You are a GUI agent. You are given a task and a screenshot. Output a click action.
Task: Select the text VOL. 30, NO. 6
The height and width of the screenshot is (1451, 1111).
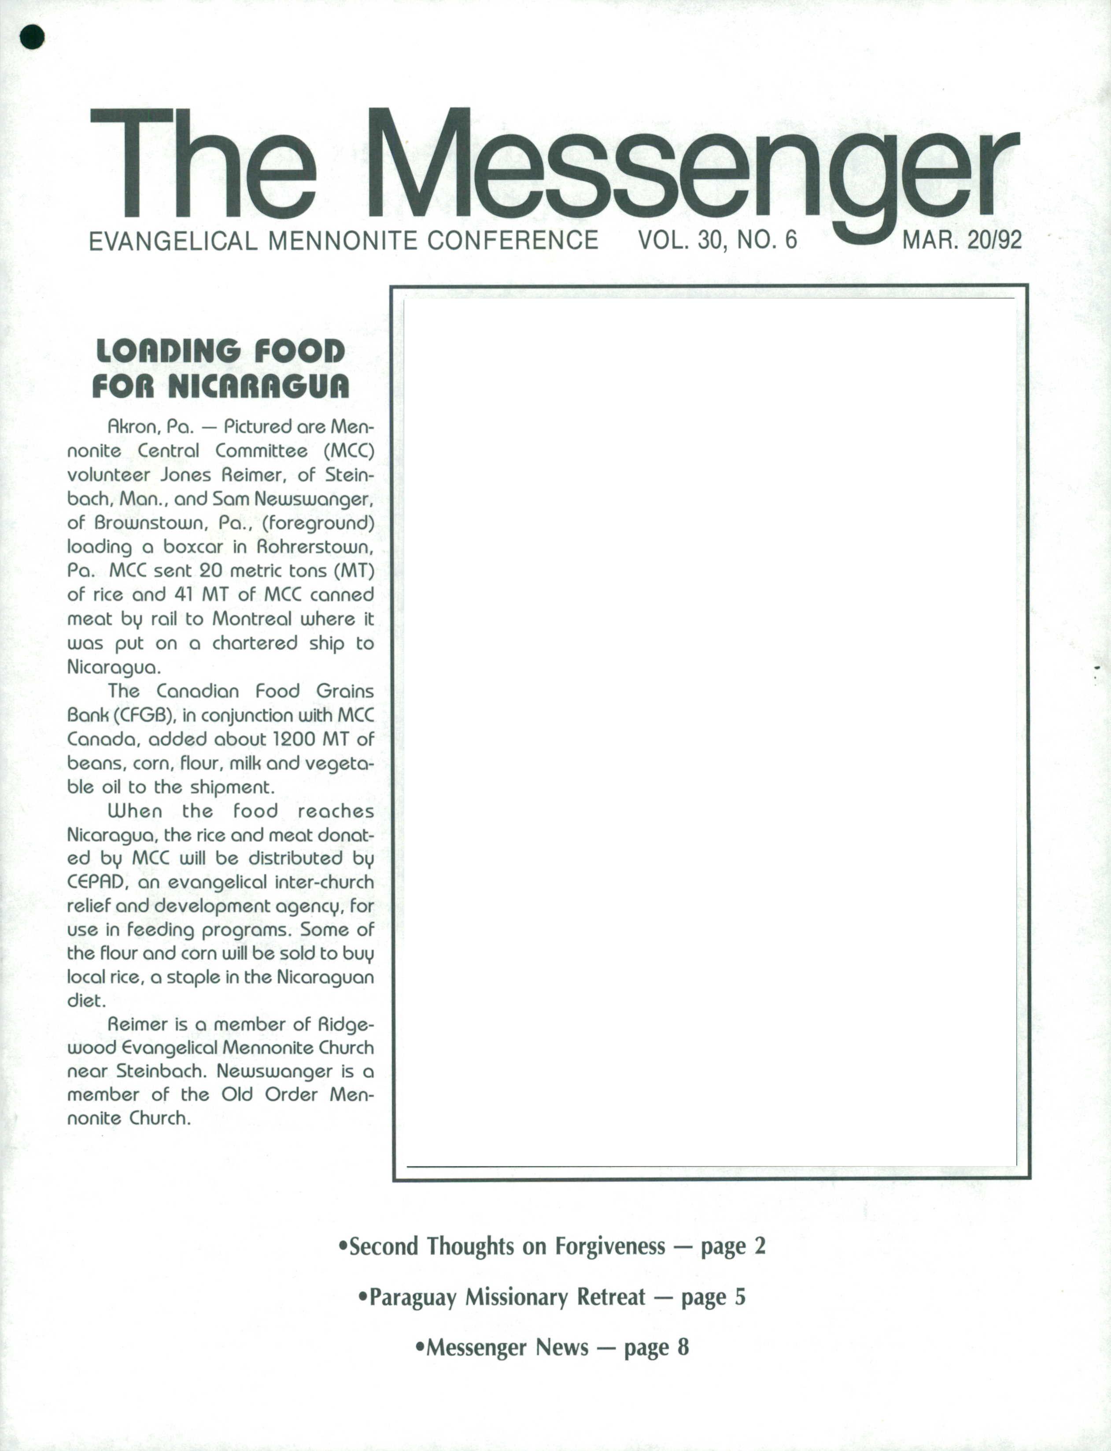(x=717, y=240)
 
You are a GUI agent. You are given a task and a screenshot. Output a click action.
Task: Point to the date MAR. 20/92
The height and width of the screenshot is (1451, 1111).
(x=962, y=240)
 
